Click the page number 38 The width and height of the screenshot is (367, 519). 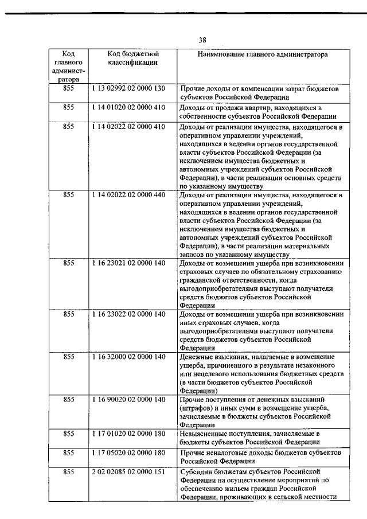point(202,40)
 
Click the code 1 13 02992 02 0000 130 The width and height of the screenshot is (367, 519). point(128,89)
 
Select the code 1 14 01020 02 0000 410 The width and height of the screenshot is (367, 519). point(128,107)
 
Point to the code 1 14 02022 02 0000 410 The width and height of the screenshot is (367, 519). point(128,126)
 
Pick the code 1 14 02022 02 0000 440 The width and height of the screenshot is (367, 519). point(128,195)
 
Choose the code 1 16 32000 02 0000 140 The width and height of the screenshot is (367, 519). point(128,357)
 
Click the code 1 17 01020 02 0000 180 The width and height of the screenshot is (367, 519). point(128,434)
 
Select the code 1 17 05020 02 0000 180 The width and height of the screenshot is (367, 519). point(128,452)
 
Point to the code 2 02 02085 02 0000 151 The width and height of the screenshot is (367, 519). point(128,471)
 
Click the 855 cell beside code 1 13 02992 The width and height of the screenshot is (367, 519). point(69,89)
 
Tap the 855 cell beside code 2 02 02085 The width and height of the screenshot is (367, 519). point(69,471)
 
